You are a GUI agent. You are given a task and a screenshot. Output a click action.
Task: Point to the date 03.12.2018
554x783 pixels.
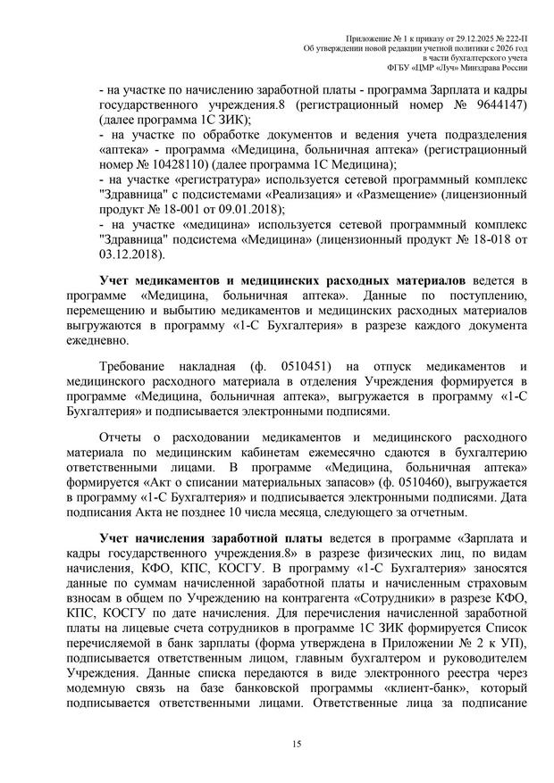click(x=130, y=254)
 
